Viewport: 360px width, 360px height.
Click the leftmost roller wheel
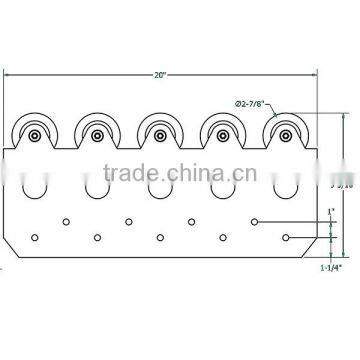click(x=35, y=134)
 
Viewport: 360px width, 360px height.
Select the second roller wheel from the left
click(x=98, y=133)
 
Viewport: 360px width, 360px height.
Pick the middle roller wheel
click(x=159, y=133)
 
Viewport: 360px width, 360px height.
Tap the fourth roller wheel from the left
click(x=221, y=133)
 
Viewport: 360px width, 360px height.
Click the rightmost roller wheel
click(x=283, y=133)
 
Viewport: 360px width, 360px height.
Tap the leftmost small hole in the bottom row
click(x=35, y=237)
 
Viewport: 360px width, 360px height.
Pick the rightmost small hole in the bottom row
click(x=286, y=237)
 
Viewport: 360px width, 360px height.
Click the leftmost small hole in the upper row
click(x=66, y=220)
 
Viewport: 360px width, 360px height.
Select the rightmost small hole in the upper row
click(x=255, y=220)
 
